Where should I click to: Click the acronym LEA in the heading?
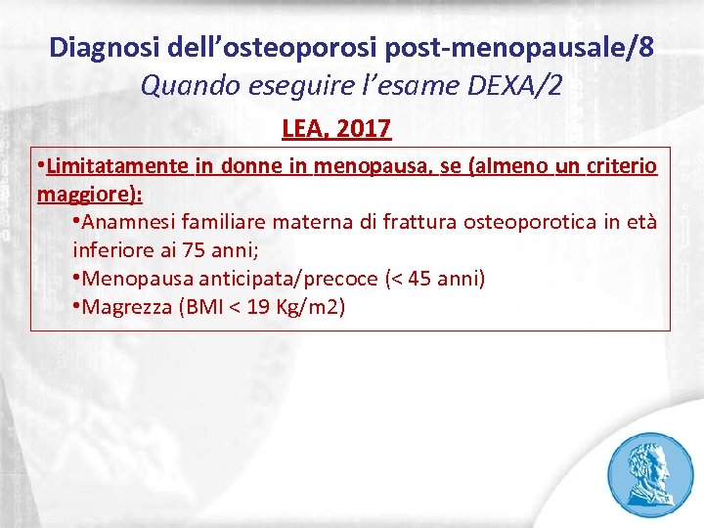click(303, 128)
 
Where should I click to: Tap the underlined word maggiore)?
click(90, 194)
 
